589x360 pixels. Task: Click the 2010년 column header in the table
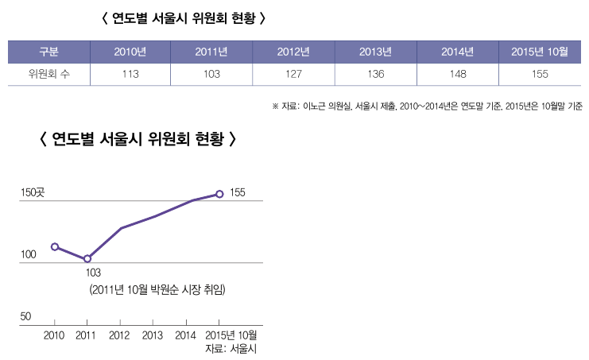[x=130, y=52]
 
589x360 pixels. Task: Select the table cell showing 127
[x=293, y=75]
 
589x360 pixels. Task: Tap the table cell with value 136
[x=375, y=75]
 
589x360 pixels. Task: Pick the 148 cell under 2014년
[x=457, y=75]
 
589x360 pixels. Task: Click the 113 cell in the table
[x=130, y=75]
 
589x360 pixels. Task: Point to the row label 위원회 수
[x=48, y=75]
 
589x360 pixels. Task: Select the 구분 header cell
[x=48, y=52]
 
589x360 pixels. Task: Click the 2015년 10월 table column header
[x=540, y=52]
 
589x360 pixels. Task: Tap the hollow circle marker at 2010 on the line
[x=55, y=246]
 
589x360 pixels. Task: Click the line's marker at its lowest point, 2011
[x=87, y=259]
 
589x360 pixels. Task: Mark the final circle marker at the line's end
[x=219, y=193]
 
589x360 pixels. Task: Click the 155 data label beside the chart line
[x=238, y=192]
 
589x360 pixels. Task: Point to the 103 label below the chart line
[x=93, y=273]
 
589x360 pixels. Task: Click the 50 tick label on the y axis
[x=25, y=316]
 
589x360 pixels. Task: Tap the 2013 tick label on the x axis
[x=153, y=335]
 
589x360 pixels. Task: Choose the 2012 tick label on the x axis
[x=119, y=335]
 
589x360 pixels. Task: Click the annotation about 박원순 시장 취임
[x=158, y=290]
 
